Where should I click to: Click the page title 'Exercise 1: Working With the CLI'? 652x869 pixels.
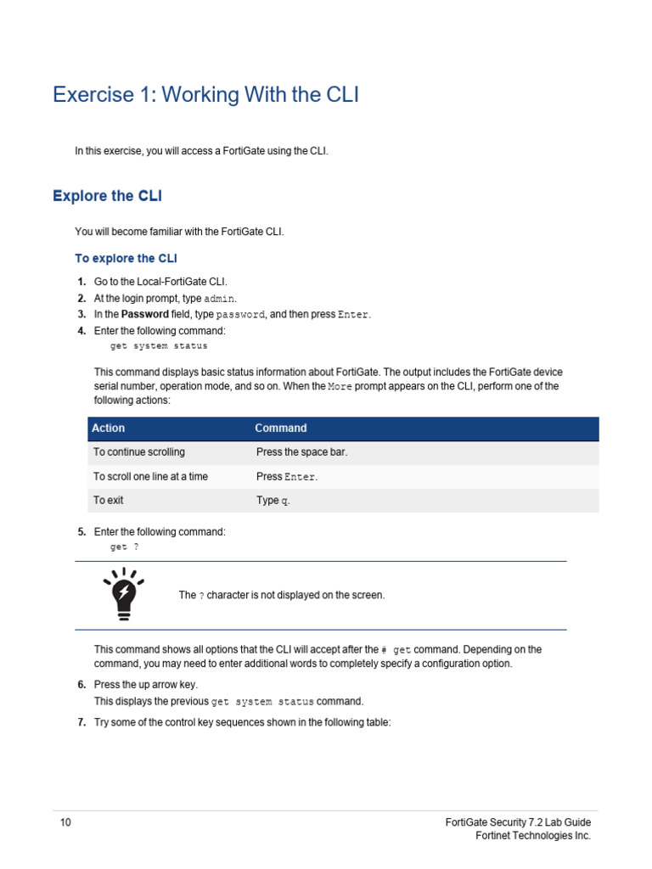(x=205, y=95)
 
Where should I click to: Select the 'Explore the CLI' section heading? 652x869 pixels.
(x=107, y=196)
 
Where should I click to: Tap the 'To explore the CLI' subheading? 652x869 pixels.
(x=126, y=258)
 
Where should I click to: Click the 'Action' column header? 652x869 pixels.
(x=109, y=429)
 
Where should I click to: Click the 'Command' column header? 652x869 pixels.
(x=281, y=429)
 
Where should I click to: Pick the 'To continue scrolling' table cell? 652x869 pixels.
(x=138, y=452)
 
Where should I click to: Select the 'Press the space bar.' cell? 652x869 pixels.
(x=301, y=452)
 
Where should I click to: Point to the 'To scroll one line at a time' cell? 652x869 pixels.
(x=150, y=477)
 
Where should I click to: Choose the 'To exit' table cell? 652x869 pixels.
(x=108, y=501)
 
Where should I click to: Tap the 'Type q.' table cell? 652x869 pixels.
(x=273, y=501)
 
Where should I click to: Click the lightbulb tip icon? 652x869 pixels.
(x=123, y=591)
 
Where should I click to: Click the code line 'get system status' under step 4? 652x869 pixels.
(x=159, y=346)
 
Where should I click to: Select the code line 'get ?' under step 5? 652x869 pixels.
(x=124, y=547)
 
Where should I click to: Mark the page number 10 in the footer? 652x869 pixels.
(x=65, y=822)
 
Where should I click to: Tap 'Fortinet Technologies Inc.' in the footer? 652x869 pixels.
(x=532, y=836)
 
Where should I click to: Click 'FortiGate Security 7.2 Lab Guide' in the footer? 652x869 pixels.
(x=518, y=822)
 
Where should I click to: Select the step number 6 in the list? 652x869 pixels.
(x=81, y=684)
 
